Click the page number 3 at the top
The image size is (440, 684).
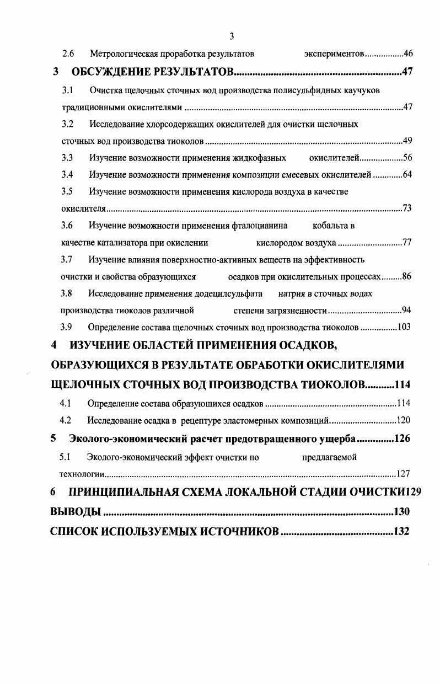[x=232, y=36]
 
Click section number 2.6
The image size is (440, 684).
[x=68, y=54]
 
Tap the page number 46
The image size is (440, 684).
[x=409, y=54]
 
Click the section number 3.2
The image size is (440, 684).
[x=68, y=124]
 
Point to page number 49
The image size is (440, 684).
[x=408, y=140]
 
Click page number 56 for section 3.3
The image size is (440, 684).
[x=408, y=158]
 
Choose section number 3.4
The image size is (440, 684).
[x=68, y=175]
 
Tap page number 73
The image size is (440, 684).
[x=407, y=208]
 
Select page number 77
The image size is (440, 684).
[x=407, y=242]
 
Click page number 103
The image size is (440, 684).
[x=404, y=327]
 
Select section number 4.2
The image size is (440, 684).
[x=66, y=420]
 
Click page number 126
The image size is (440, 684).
[x=402, y=439]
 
